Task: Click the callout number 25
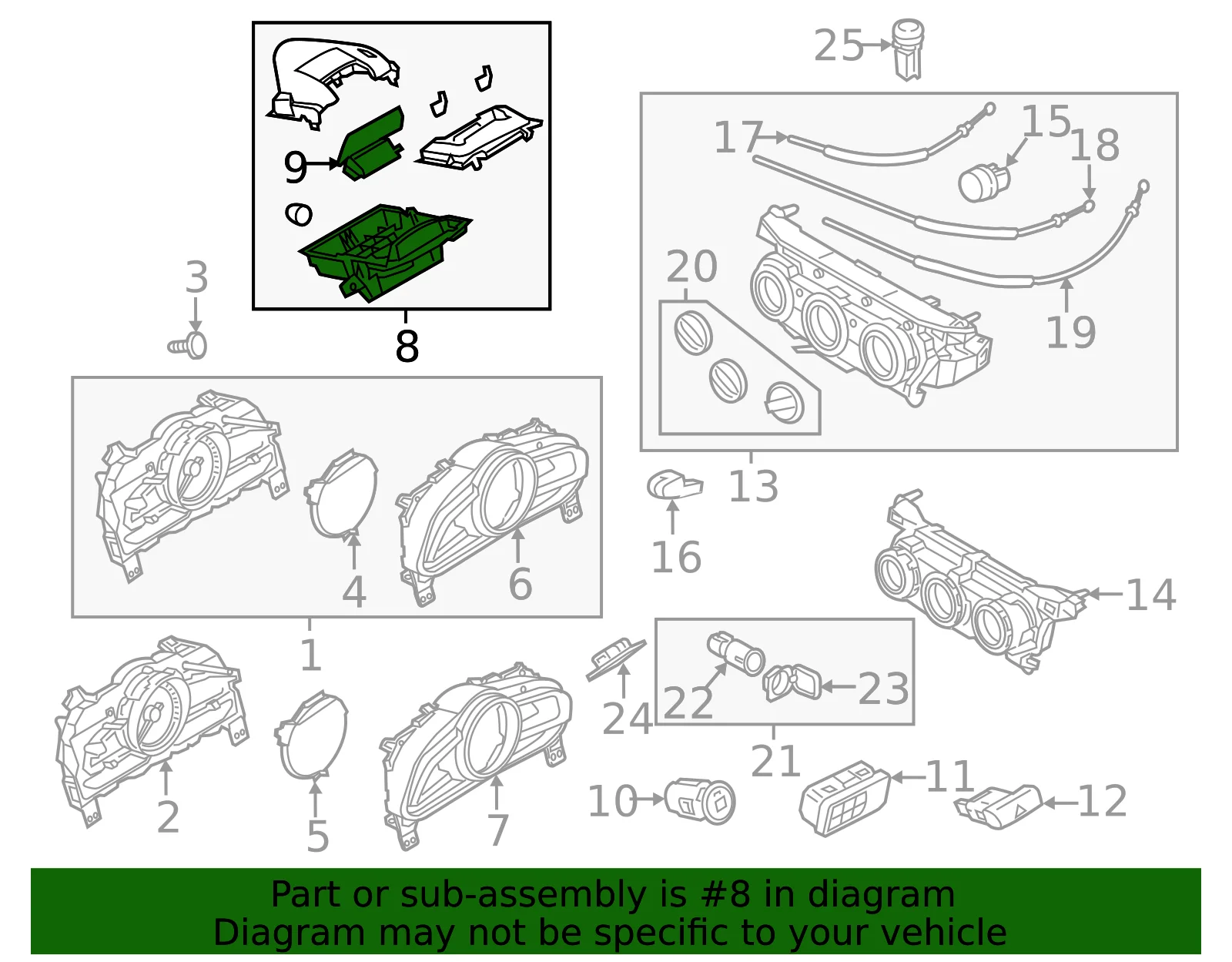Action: (x=838, y=45)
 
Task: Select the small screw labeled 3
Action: (x=188, y=345)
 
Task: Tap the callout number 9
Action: (x=295, y=166)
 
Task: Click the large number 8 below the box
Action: (x=407, y=346)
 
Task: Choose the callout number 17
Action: (x=738, y=138)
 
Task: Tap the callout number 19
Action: (x=1070, y=332)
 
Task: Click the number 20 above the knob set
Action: (x=691, y=266)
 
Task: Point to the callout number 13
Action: (x=753, y=486)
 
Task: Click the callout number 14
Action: (x=1151, y=595)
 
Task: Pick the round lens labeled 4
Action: (x=341, y=493)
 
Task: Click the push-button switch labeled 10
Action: (x=700, y=801)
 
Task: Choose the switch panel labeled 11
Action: (x=845, y=798)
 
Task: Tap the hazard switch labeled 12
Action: (x=998, y=806)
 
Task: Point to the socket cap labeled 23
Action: (x=792, y=682)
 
